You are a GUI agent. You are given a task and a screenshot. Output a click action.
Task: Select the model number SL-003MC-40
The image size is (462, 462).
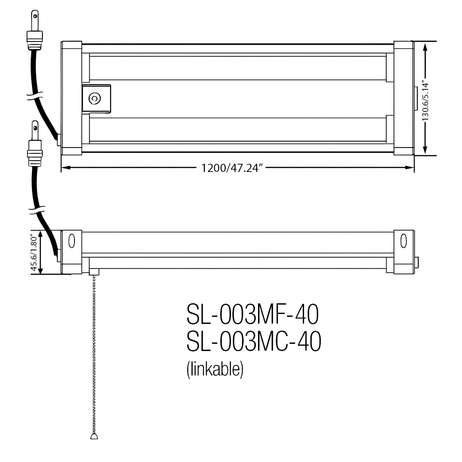tap(254, 342)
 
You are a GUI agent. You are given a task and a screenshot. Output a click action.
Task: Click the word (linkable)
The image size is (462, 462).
tap(215, 369)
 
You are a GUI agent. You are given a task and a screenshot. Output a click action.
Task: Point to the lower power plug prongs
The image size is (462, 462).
tap(34, 130)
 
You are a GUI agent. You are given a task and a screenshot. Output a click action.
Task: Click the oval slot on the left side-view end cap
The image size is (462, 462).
tap(71, 241)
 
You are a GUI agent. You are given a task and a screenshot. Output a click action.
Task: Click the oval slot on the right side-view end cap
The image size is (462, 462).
tap(403, 241)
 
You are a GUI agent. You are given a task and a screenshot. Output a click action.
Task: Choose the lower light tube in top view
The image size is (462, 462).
tap(237, 129)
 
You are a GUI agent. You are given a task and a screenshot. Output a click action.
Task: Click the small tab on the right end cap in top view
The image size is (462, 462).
tap(416, 98)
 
